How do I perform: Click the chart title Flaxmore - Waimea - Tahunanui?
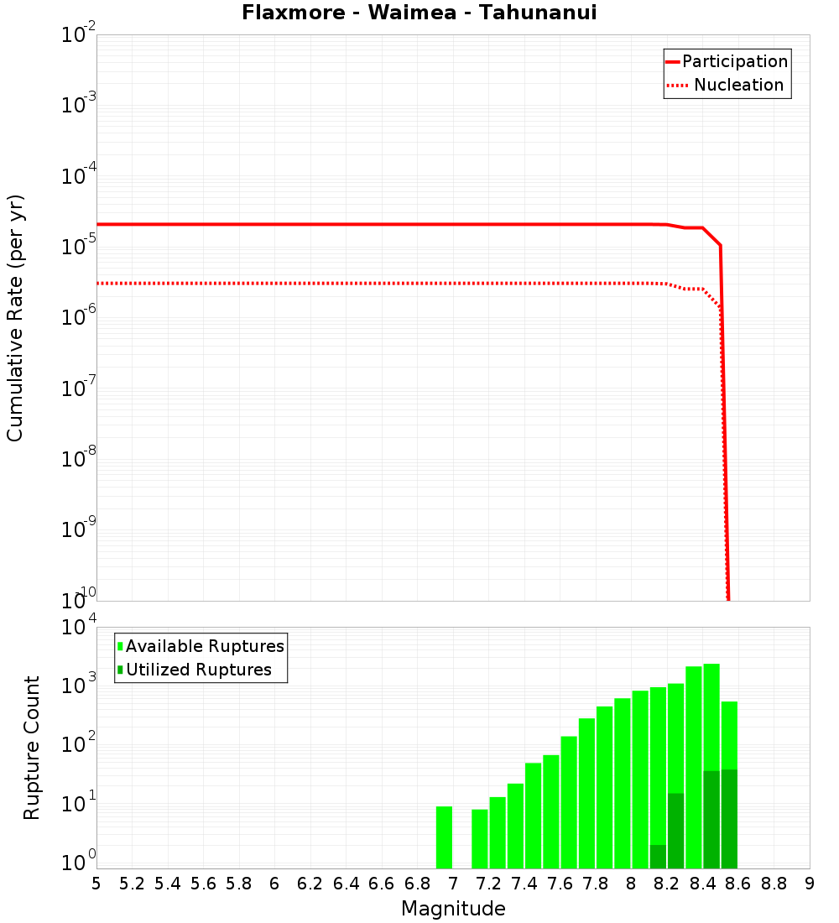tap(419, 13)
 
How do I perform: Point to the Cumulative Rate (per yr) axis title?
tap(15, 317)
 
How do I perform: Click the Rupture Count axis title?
tap(32, 747)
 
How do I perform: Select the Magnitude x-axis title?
tap(453, 908)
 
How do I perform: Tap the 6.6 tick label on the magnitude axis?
tap(382, 884)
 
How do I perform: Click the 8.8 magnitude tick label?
tap(774, 884)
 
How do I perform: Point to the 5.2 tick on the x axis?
tap(133, 884)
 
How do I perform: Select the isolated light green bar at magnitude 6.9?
tap(444, 837)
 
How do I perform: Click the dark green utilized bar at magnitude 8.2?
tap(675, 831)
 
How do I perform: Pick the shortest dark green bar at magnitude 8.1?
tap(658, 857)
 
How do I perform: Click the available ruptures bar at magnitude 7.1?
tap(480, 839)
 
